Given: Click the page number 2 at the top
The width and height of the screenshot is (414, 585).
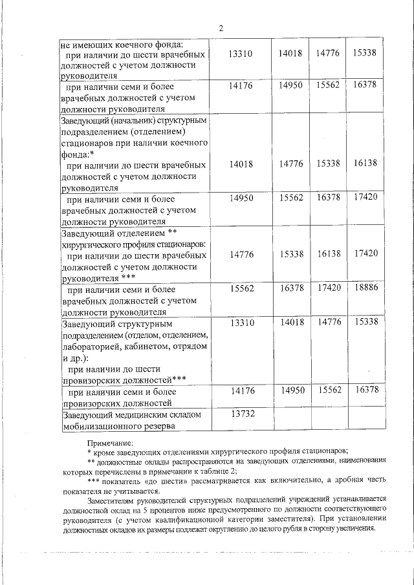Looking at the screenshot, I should [x=221, y=28].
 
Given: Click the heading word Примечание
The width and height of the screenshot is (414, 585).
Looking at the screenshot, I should [x=111, y=443].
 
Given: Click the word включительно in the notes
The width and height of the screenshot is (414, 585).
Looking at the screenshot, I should [x=265, y=480].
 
